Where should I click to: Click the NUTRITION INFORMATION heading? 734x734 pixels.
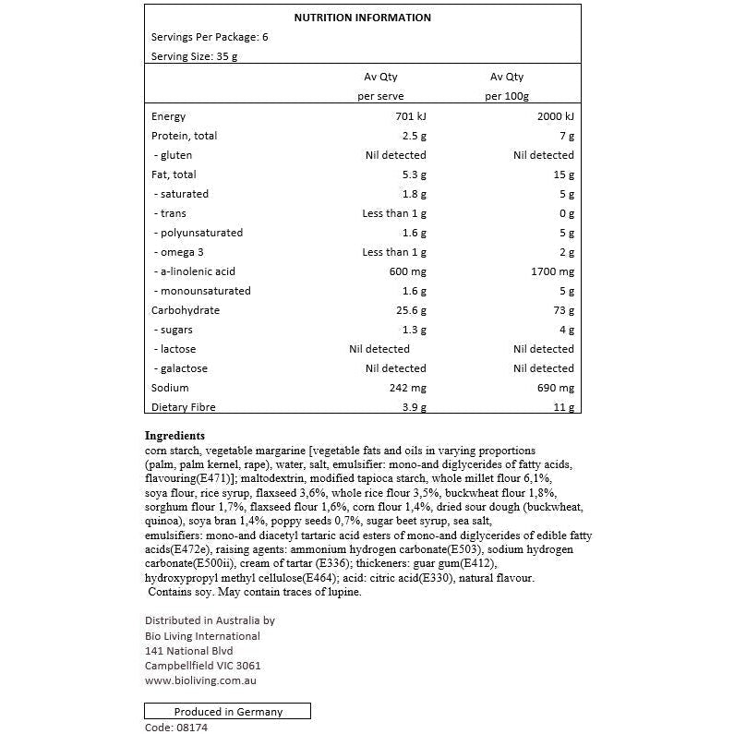pos(362,18)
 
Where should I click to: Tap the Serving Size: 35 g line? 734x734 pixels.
pos(195,56)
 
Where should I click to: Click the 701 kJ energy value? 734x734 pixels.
pos(410,116)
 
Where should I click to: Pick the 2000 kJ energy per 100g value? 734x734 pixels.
pos(555,116)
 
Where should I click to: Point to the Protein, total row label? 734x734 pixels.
pos(184,136)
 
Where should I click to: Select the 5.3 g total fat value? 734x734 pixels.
pos(413,174)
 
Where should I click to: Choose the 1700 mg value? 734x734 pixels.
pos(553,271)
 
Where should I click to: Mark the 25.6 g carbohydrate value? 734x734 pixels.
pos(410,310)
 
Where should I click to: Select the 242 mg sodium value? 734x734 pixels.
pos(407,388)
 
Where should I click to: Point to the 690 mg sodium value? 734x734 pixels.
pos(556,388)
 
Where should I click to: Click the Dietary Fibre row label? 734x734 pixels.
pos(183,407)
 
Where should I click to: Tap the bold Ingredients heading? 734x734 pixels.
pos(174,435)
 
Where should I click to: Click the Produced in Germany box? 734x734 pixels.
pos(228,712)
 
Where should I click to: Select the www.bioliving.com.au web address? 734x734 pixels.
pos(200,680)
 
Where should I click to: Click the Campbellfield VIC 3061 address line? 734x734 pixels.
pos(203,666)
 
